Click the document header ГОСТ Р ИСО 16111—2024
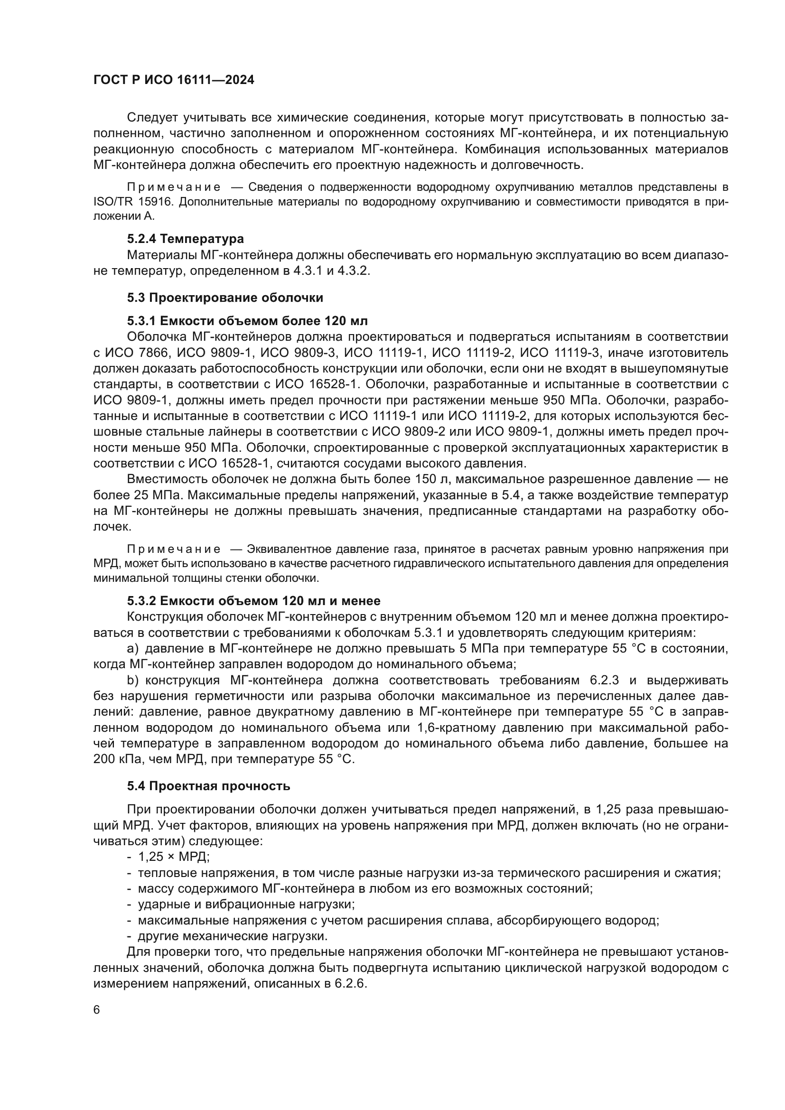[174, 80]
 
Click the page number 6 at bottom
[97, 1010]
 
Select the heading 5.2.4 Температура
[186, 239]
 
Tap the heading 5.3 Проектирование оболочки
[225, 298]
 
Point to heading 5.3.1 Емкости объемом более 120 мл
[247, 321]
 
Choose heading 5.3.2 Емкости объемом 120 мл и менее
[254, 601]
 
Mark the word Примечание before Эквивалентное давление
[174, 550]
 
